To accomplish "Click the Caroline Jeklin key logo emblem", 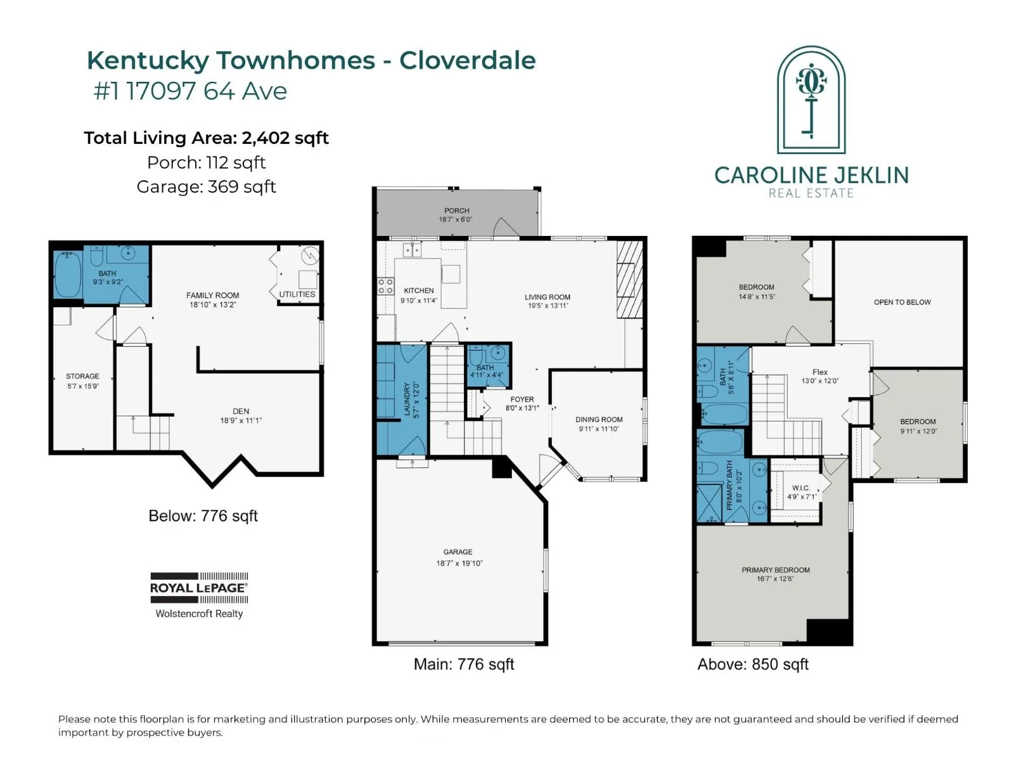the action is [811, 100].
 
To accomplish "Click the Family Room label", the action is [212, 296].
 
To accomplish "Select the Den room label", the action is [241, 411].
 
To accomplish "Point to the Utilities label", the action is [297, 294].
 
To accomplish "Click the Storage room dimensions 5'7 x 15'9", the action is [83, 386].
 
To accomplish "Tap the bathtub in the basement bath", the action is [68, 275].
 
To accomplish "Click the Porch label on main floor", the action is [456, 211].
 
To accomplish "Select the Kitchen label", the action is [418, 290].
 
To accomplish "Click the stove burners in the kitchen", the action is [385, 286].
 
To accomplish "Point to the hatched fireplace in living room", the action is [630, 280].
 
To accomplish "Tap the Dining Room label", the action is [599, 420].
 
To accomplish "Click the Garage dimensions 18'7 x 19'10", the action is [459, 563].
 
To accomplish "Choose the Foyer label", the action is [522, 400].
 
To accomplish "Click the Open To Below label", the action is [902, 302].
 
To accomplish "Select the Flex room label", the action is [820, 372].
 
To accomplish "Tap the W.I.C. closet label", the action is [800, 488].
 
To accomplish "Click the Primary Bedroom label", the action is [776, 570].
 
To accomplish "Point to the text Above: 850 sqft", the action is [752, 665].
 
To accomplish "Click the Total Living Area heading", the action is [206, 138].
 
